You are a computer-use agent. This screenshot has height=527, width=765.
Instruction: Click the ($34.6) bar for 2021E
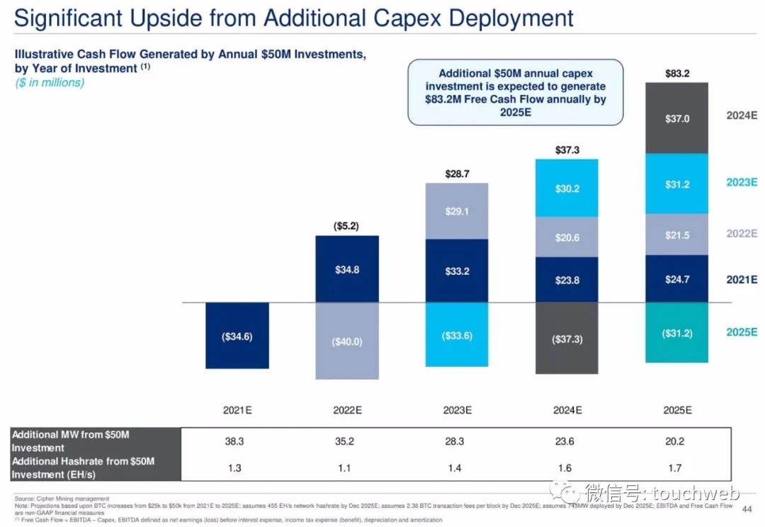pos(237,336)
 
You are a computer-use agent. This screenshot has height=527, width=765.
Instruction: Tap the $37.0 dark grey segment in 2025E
pos(676,118)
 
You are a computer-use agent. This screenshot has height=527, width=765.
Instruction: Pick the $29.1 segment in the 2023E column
pos(456,211)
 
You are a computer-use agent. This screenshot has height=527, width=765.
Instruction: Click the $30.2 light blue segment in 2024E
pos(567,188)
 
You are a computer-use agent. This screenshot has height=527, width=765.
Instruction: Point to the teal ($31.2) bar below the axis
pos(676,333)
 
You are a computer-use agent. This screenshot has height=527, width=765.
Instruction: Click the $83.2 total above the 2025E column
pos(677,73)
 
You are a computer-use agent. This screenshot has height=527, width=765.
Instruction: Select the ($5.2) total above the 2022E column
pos(346,226)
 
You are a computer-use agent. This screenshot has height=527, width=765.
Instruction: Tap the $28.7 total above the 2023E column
pos(457,174)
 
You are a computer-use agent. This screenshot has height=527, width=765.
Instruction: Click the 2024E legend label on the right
pos(742,115)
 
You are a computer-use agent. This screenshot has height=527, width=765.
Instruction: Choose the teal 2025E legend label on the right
pos(742,331)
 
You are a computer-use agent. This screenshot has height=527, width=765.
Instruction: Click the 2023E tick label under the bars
pos(457,410)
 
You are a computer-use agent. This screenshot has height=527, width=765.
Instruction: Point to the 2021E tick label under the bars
pos(237,410)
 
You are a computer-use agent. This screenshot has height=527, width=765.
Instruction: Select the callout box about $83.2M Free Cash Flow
pos(515,92)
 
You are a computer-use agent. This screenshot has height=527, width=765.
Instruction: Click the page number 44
pos(746,509)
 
